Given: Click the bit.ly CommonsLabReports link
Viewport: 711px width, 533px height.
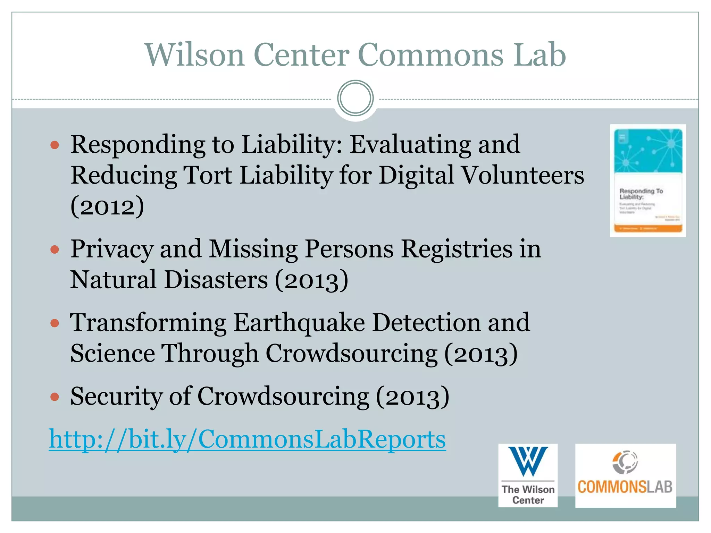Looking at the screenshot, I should coord(247,440).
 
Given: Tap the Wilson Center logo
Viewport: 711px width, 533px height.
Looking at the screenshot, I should coord(528,475).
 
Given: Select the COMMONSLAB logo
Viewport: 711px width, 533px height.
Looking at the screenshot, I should coord(625,475).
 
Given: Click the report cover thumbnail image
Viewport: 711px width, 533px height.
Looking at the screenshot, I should coord(648,180).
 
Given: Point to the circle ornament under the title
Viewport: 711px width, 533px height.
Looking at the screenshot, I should coord(355,98).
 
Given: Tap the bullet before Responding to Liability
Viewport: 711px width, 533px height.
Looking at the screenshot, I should coord(55,145).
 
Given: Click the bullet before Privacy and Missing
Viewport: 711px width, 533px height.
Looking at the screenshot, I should coord(55,249).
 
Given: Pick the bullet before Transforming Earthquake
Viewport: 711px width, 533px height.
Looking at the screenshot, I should coord(55,323).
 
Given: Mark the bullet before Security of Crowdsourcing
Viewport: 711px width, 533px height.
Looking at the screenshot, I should coord(55,397).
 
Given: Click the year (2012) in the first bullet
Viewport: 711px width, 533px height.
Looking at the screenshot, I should coord(107,206).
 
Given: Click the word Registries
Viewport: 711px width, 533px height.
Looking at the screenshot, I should coord(457,249).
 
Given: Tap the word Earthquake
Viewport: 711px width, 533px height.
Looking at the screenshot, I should coord(299,323).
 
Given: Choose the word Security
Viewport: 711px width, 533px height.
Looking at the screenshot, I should coord(116,397).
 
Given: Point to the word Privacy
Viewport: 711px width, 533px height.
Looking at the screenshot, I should coord(112,249).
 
